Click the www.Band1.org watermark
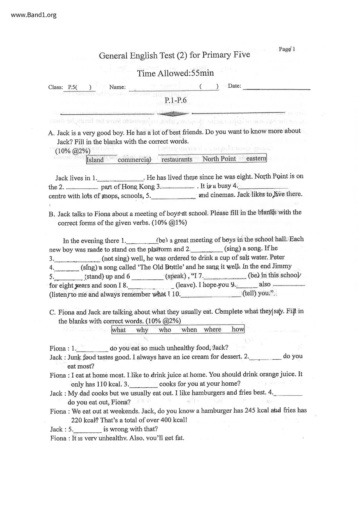[34, 15]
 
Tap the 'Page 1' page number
[287, 49]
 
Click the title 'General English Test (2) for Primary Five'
[174, 55]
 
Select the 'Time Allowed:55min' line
[175, 73]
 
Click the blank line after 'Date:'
[276, 88]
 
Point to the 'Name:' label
[117, 87]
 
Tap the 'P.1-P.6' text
[175, 100]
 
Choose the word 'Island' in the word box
[95, 160]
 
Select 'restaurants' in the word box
[177, 159]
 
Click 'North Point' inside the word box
[219, 159]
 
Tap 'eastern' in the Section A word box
[256, 158]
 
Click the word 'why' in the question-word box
[142, 330]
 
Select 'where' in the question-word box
[212, 329]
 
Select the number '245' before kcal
[250, 410]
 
